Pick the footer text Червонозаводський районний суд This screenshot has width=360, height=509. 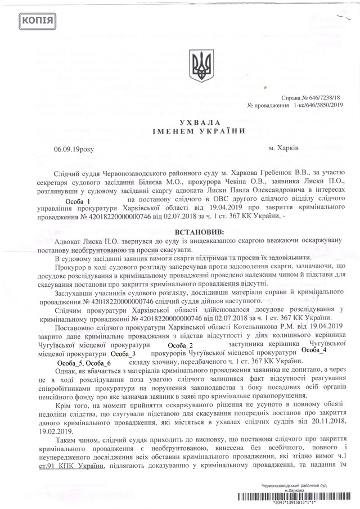coord(296,485)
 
